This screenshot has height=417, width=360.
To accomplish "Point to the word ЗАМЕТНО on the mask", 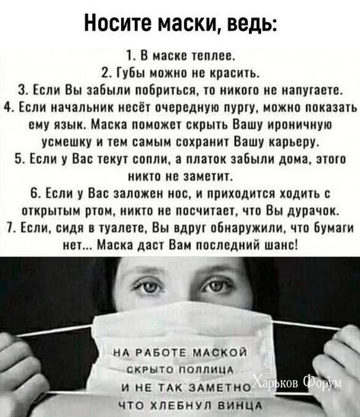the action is tap(219, 388).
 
